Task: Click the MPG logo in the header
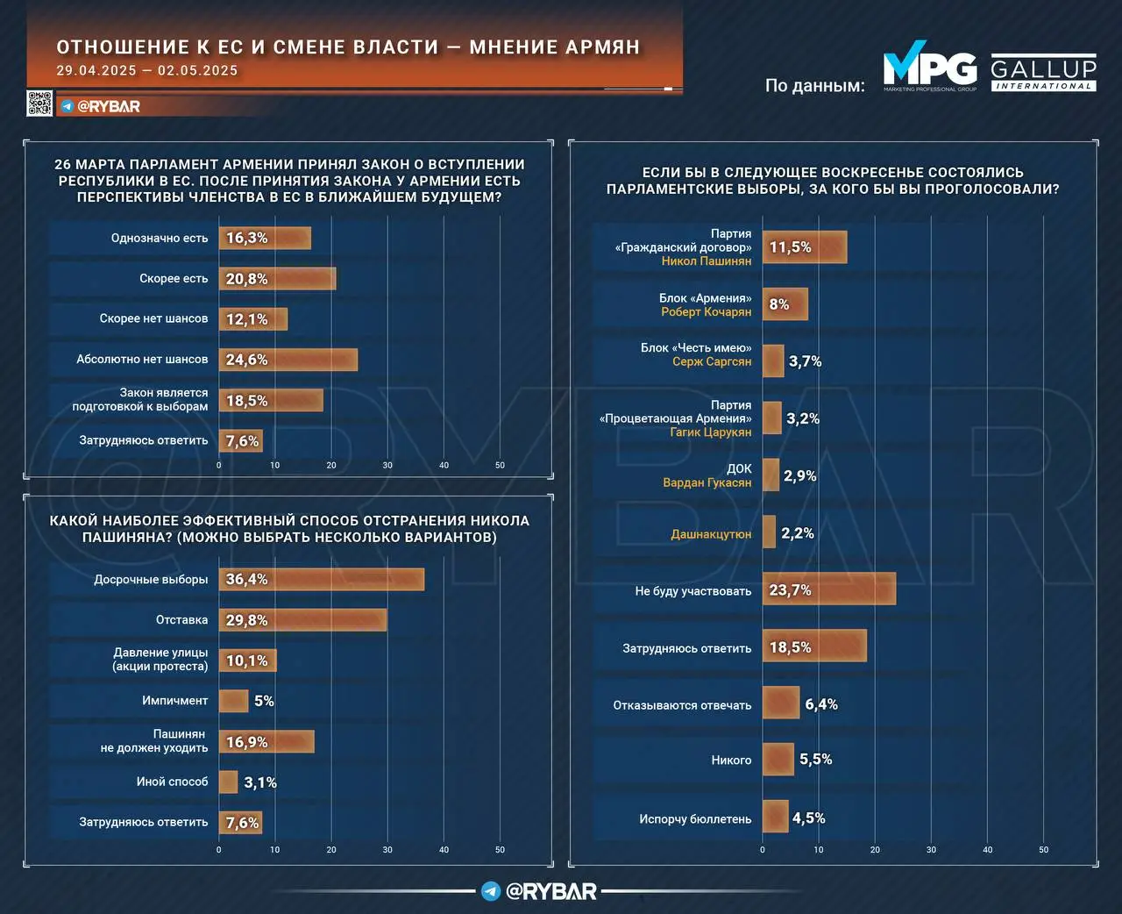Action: point(929,68)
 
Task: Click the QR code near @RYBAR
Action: point(39,104)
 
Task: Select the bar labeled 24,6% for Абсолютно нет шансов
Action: point(288,360)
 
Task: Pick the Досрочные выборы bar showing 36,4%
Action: point(321,579)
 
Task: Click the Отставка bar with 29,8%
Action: point(302,620)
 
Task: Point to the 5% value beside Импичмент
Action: point(264,701)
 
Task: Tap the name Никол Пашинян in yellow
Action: point(706,261)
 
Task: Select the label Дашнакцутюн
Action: point(711,533)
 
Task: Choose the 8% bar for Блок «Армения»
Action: point(785,304)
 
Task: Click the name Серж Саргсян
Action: point(712,361)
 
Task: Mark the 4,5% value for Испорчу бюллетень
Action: point(808,818)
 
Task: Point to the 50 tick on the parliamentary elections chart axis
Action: point(1043,849)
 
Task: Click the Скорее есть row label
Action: point(174,279)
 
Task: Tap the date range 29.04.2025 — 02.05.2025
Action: point(147,71)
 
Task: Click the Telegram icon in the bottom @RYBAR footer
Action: point(491,891)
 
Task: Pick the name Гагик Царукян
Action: point(711,432)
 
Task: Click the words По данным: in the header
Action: point(814,85)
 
